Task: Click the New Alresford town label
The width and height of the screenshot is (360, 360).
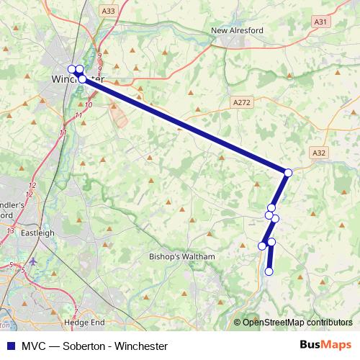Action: [237, 30]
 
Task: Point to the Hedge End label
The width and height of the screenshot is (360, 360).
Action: [84, 323]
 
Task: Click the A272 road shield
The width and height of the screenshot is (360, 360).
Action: [242, 103]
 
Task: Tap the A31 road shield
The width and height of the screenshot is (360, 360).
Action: [321, 22]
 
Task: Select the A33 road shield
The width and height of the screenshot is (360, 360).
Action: [108, 11]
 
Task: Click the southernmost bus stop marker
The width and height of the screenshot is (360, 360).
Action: [269, 271]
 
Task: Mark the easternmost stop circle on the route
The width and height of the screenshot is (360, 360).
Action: [288, 173]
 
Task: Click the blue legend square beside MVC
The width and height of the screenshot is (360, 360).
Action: [10, 346]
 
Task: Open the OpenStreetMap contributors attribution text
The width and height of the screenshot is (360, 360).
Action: [297, 323]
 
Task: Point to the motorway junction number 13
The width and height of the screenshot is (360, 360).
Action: [10, 230]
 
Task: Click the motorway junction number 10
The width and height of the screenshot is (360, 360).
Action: [89, 105]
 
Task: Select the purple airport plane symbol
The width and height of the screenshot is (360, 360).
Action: [34, 261]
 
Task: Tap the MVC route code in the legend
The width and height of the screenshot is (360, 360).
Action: [32, 346]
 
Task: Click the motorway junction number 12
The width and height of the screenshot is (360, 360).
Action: [31, 186]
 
